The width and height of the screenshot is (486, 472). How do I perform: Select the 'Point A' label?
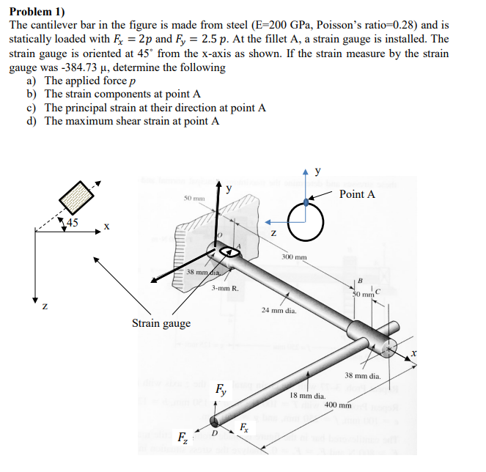click(x=358, y=194)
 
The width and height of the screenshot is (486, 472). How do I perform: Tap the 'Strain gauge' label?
click(x=161, y=323)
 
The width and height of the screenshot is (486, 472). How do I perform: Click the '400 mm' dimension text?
click(x=338, y=405)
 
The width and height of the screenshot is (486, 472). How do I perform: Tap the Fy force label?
click(x=220, y=389)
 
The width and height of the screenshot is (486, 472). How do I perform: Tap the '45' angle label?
click(x=73, y=222)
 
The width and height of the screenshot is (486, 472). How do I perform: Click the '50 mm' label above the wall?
click(x=194, y=199)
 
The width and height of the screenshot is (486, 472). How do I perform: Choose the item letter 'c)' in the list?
click(x=32, y=108)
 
